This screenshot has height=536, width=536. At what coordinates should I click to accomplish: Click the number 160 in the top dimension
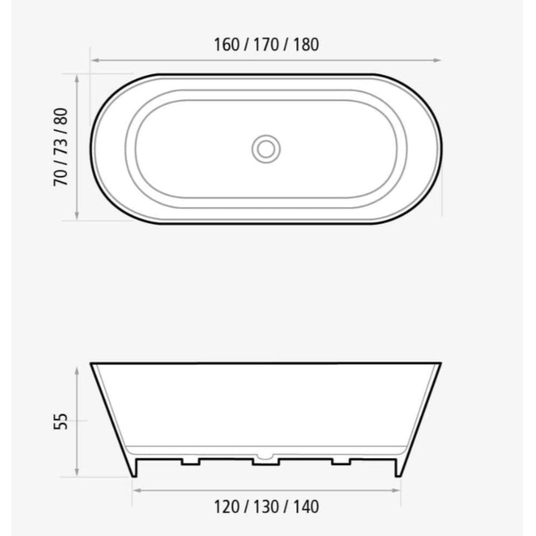tap(227, 45)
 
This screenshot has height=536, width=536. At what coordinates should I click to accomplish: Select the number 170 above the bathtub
tap(266, 45)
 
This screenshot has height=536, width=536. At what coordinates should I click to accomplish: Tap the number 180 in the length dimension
tap(306, 45)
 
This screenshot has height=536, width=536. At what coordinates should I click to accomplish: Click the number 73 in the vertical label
tap(61, 147)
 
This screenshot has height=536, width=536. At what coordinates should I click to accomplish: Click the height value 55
tap(61, 421)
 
